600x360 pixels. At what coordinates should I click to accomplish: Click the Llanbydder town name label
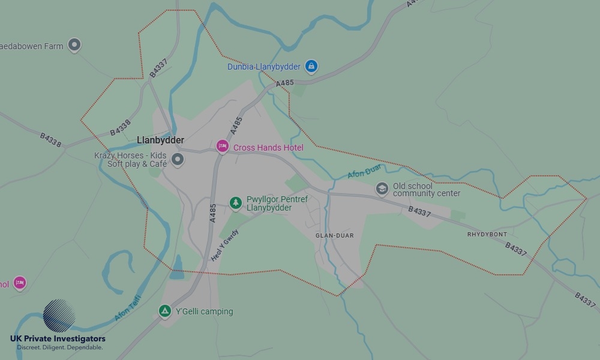[160, 140]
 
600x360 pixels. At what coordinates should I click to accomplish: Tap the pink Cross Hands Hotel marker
[223, 146]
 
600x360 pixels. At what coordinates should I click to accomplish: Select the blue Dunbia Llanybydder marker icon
[311, 66]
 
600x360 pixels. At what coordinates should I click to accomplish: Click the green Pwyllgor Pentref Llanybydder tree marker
[236, 203]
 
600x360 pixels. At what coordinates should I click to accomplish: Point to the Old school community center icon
[382, 189]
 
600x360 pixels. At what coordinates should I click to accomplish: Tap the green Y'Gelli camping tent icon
[165, 311]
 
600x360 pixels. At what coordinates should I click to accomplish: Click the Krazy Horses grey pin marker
[177, 159]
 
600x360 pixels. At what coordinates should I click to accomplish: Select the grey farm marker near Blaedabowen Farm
[74, 44]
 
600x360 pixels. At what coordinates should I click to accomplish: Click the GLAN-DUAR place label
[335, 236]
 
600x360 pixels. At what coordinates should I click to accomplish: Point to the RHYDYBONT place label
[487, 234]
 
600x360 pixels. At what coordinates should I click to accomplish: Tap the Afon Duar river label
[364, 172]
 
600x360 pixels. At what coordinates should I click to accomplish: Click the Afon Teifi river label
[127, 307]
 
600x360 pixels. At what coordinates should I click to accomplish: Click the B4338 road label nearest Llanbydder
[120, 128]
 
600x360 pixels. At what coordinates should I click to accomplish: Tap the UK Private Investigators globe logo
[59, 316]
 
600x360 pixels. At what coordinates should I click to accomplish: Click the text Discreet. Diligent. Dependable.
[59, 347]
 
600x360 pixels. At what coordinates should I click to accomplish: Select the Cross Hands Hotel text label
[268, 148]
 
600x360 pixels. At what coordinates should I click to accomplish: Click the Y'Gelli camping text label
[204, 311]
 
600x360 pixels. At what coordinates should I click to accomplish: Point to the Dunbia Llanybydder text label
[263, 67]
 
